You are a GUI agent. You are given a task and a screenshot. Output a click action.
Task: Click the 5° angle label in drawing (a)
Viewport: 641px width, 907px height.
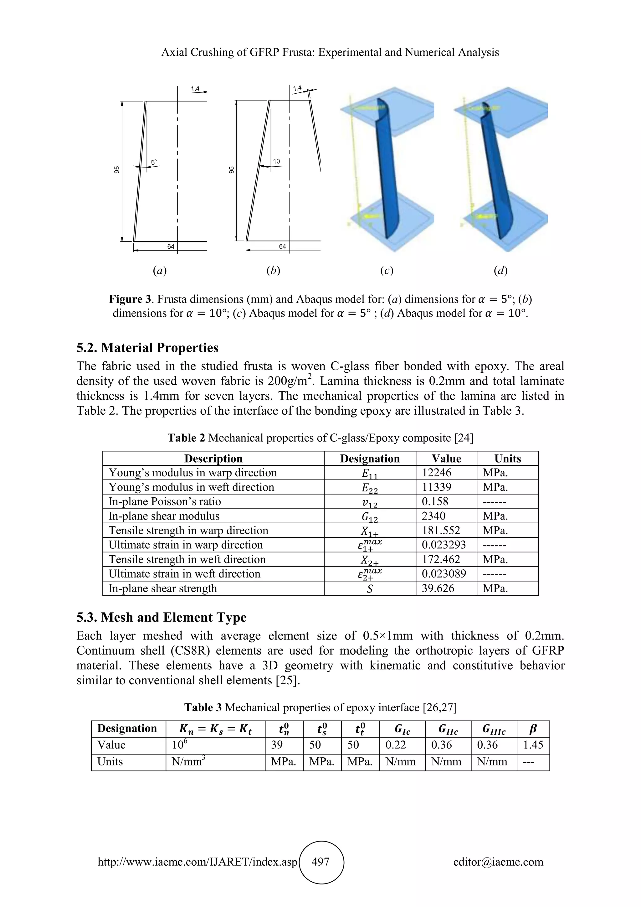pyautogui.click(x=154, y=162)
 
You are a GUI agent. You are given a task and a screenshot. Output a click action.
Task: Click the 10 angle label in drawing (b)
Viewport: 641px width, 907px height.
pyautogui.click(x=276, y=161)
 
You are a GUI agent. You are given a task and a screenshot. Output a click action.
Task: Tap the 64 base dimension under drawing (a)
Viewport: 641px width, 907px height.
pyautogui.click(x=171, y=246)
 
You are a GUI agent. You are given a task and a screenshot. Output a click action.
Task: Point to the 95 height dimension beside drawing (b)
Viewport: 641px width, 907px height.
pyautogui.click(x=232, y=170)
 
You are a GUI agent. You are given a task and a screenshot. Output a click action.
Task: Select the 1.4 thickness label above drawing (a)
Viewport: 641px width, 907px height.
pyautogui.click(x=195, y=89)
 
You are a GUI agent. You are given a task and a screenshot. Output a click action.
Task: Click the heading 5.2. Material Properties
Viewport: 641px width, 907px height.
pyautogui.click(x=147, y=348)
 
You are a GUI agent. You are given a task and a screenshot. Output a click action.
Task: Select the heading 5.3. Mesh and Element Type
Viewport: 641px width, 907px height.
pyautogui.click(x=161, y=617)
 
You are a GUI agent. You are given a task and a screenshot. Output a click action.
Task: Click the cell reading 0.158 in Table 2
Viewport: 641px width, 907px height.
pyautogui.click(x=435, y=501)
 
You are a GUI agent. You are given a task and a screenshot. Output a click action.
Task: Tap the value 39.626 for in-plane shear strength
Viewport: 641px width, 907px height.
pyautogui.click(x=438, y=588)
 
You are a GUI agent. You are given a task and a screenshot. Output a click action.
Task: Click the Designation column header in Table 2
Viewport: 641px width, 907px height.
pyautogui.click(x=370, y=458)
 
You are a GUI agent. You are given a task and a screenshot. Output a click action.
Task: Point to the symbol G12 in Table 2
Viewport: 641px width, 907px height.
pyautogui.click(x=370, y=517)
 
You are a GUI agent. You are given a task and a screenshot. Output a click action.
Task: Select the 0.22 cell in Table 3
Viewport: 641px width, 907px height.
pyautogui.click(x=396, y=745)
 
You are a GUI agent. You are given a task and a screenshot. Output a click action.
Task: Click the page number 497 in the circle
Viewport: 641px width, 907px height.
pyautogui.click(x=320, y=862)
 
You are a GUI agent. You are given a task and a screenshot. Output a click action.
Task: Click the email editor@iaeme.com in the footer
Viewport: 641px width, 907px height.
pyautogui.click(x=498, y=862)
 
